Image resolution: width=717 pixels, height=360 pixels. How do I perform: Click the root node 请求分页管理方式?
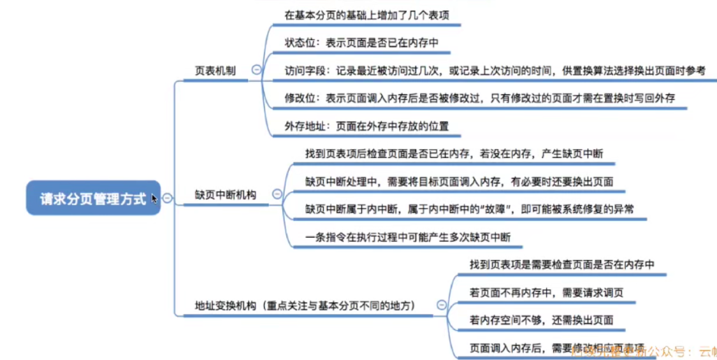[92, 198]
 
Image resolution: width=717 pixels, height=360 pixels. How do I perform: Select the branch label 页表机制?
[215, 71]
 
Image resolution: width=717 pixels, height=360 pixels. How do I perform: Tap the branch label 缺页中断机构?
[225, 195]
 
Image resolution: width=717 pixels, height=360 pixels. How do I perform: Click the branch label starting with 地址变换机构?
[305, 306]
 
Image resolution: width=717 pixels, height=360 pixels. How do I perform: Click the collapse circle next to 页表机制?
[256, 70]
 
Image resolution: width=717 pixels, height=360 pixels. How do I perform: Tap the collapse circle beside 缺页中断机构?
[277, 194]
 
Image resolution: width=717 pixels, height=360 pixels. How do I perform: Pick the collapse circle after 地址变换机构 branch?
[441, 305]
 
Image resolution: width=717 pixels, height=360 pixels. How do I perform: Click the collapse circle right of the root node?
[167, 198]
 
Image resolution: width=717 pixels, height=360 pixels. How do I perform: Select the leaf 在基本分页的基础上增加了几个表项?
[366, 15]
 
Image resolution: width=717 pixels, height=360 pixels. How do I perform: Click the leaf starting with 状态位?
[362, 43]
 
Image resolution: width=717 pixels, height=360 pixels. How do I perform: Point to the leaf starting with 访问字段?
[495, 71]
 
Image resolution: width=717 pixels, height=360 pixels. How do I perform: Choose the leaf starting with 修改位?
[479, 98]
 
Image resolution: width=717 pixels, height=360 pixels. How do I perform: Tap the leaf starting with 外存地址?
[366, 126]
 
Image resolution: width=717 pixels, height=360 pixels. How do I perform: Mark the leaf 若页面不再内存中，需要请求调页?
[546, 292]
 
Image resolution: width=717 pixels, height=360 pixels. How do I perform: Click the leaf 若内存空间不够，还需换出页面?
[541, 319]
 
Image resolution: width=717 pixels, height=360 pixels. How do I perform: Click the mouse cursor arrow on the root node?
[154, 199]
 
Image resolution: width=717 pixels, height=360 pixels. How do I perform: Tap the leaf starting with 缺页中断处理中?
[459, 182]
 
